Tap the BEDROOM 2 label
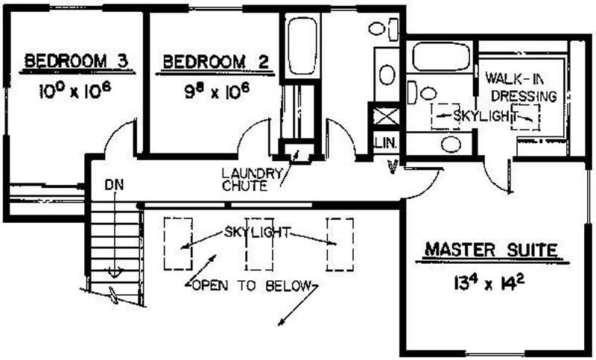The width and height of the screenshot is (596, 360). [206, 62]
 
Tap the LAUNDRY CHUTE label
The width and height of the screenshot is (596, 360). [251, 180]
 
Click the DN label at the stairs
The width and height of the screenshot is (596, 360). [114, 183]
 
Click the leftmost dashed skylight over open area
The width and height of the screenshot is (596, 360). [177, 243]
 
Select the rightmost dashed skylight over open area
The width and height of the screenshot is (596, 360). [339, 243]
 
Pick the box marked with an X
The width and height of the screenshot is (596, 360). [384, 116]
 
